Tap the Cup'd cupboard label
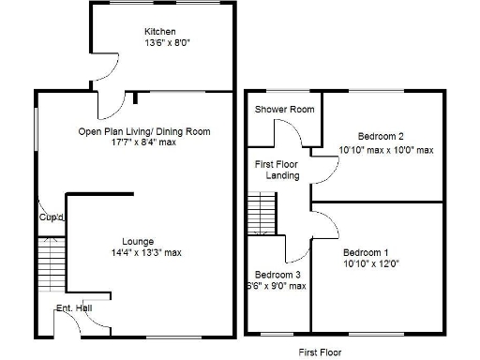point(51,217)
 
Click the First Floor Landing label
point(278,170)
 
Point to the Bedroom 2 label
point(374,137)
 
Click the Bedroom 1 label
point(365,253)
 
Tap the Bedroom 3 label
point(278,274)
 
